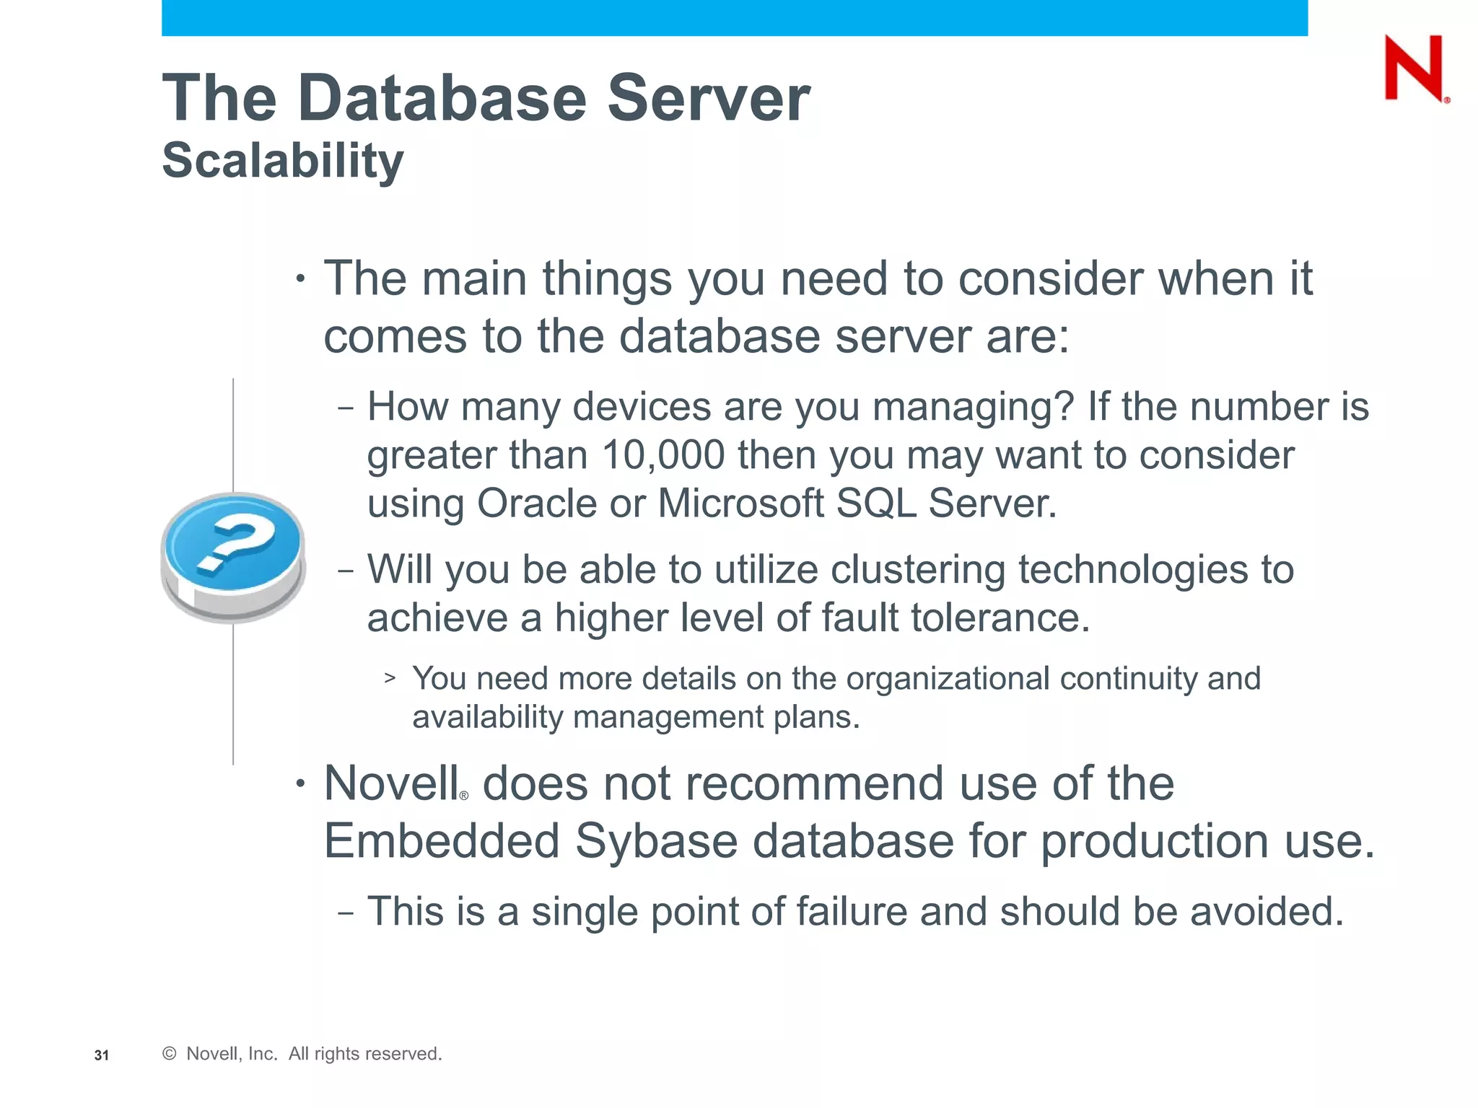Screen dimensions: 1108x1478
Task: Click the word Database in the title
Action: click(442, 98)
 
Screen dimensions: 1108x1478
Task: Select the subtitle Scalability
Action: click(282, 160)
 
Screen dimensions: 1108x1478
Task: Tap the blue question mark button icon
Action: click(232, 555)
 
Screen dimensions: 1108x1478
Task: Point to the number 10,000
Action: click(663, 456)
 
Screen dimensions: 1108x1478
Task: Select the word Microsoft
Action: click(740, 504)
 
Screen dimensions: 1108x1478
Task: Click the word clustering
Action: click(917, 570)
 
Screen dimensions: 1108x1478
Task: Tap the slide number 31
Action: click(102, 1055)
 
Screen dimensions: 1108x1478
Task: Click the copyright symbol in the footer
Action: click(170, 1054)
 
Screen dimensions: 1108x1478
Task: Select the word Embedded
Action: click(441, 842)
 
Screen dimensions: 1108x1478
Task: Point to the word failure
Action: click(851, 911)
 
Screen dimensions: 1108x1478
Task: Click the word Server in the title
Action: click(708, 98)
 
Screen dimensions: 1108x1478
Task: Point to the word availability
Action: click(487, 717)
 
